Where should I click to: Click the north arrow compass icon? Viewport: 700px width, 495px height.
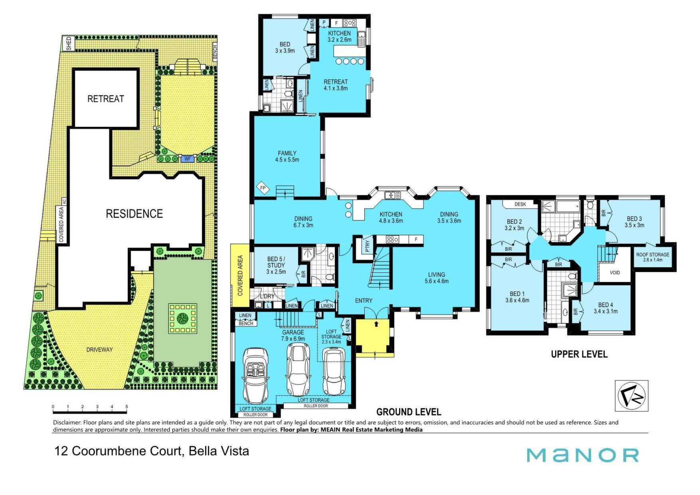tap(632, 396)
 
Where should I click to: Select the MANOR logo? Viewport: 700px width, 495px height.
tap(583, 455)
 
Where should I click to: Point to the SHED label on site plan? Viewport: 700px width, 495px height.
tap(69, 43)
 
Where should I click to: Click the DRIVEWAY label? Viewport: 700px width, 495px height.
tap(99, 349)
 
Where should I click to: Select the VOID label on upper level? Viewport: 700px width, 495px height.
tap(615, 273)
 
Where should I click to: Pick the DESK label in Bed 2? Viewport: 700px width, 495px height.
tap(520, 204)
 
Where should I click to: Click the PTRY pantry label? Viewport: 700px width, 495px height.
tap(368, 247)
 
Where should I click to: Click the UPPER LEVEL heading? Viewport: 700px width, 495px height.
tap(579, 354)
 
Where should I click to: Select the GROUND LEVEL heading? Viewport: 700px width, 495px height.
tap(409, 412)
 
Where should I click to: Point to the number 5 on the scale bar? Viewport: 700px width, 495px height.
tap(127, 407)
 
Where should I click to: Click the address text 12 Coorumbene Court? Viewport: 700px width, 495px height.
tap(118, 451)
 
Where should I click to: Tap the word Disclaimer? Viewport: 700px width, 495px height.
tap(67, 422)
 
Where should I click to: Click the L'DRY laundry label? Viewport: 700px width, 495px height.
tap(267, 296)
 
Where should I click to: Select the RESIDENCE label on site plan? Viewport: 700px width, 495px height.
tap(134, 214)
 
